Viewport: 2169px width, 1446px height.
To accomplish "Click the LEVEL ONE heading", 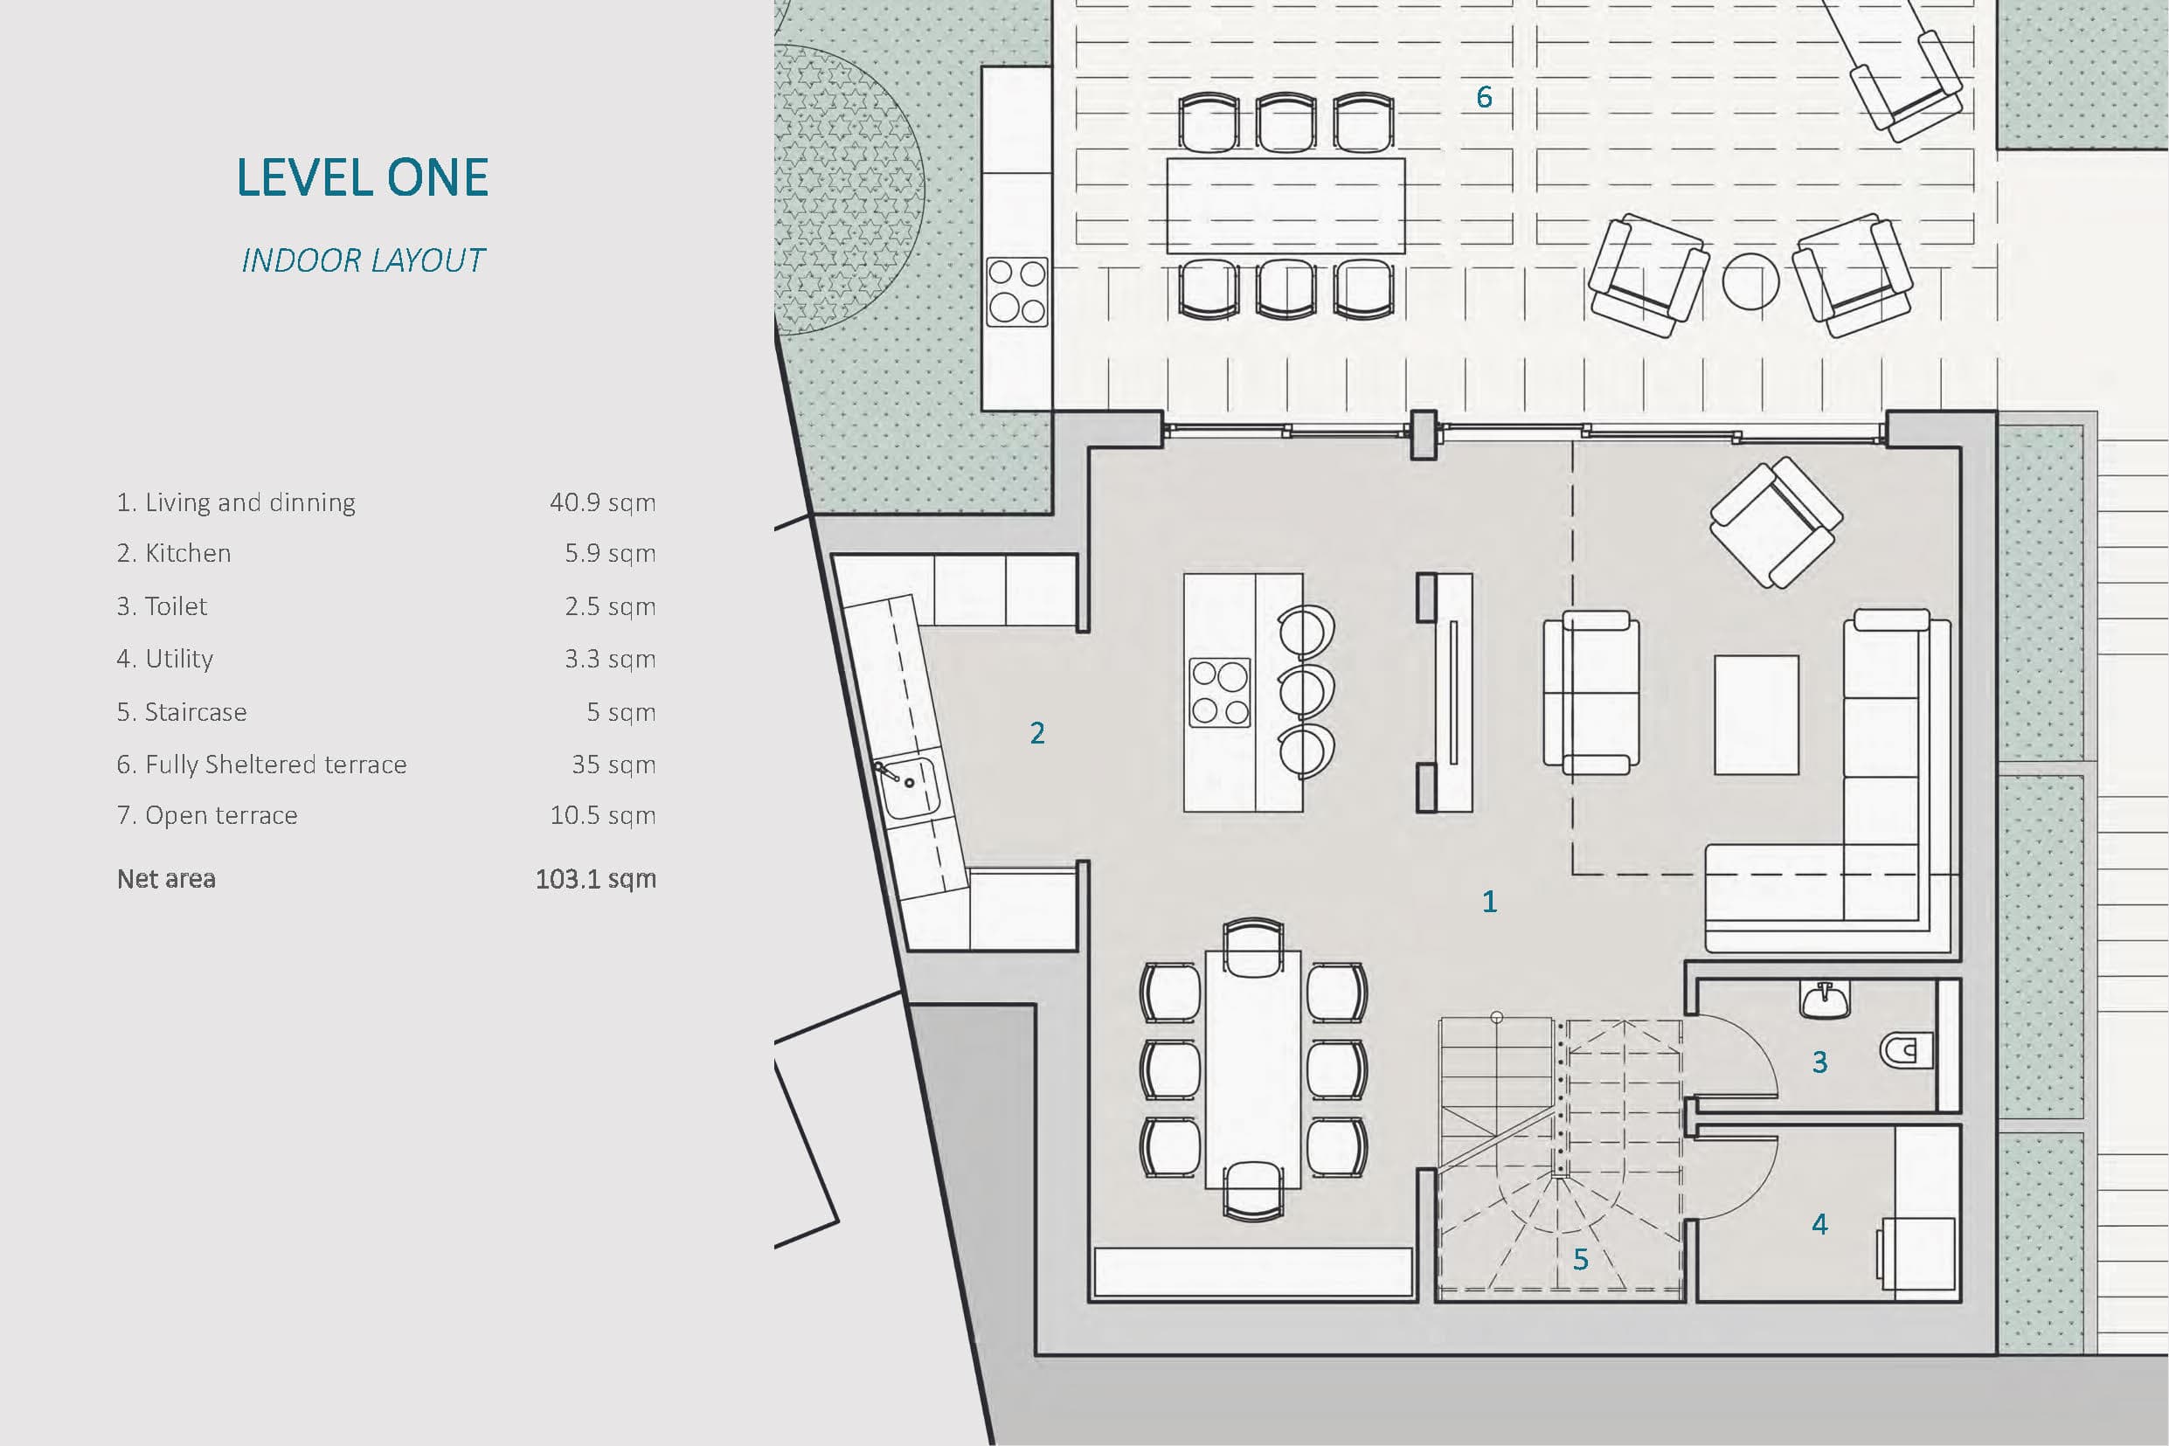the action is click(363, 177).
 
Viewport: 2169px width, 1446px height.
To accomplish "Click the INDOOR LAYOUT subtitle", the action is click(363, 261).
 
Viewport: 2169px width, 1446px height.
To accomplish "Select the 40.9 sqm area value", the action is click(602, 502).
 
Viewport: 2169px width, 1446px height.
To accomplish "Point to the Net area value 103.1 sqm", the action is click(596, 879).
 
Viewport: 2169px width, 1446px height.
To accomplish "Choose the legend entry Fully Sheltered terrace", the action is click(262, 765).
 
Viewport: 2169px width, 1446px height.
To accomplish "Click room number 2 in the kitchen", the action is click(1037, 733).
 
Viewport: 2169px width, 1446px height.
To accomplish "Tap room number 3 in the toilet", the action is click(1819, 1062).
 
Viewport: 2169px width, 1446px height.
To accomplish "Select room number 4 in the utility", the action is click(1819, 1224).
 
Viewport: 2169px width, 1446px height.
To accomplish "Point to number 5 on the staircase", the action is click(1581, 1260).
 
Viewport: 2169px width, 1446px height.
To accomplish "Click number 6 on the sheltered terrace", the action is click(1484, 97).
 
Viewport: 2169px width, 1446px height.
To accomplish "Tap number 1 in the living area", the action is click(1489, 901).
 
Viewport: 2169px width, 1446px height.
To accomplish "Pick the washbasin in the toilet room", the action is click(1825, 1000).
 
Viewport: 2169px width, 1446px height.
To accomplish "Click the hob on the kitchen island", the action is click(1220, 692).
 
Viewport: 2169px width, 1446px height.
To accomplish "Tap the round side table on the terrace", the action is click(1750, 281).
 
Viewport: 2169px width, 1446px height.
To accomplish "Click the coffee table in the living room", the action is click(1756, 715).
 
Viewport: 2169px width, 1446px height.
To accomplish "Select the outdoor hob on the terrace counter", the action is click(1017, 292).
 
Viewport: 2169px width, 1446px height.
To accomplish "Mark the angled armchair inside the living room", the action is click(1776, 522).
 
